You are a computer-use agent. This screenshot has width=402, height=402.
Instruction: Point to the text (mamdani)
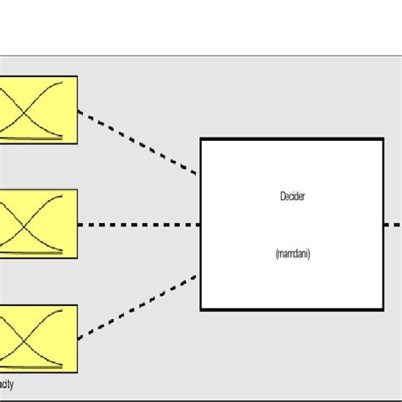click(x=292, y=253)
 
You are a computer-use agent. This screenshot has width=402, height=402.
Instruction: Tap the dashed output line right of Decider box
click(x=391, y=225)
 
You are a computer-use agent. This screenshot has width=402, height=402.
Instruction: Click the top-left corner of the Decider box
click(x=201, y=139)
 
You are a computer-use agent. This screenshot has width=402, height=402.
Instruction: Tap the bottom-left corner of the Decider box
click(x=201, y=310)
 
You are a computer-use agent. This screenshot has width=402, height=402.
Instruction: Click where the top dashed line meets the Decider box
click(x=201, y=176)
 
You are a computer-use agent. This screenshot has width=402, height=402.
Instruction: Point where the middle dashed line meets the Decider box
click(x=201, y=225)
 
